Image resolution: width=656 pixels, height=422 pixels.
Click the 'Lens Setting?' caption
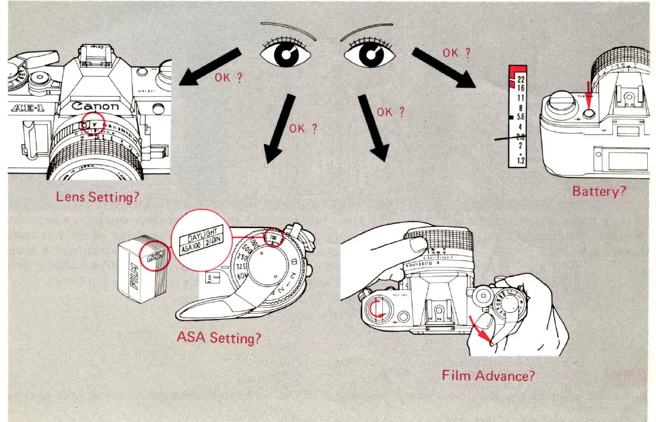click(98, 196)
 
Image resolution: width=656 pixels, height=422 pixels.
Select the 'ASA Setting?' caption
click(219, 338)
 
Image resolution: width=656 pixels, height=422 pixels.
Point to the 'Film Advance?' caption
click(488, 375)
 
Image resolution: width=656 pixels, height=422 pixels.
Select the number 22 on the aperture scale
click(521, 80)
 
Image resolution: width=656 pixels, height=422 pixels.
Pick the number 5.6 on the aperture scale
click(520, 117)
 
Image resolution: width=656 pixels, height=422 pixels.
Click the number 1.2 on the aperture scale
click(521, 160)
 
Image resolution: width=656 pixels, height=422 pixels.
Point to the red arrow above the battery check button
click(588, 93)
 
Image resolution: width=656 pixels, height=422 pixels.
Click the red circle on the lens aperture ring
click(93, 124)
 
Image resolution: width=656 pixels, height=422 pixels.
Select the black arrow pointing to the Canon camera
click(209, 67)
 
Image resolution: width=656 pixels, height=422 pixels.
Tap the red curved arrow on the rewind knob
click(375, 308)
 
